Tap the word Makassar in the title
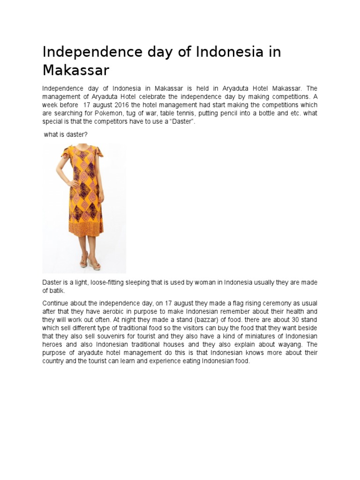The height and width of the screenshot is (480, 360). pyautogui.click(x=75, y=70)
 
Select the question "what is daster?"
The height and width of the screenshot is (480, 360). pyautogui.click(x=65, y=135)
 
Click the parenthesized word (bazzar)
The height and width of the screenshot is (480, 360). pyautogui.click(x=187, y=320)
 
